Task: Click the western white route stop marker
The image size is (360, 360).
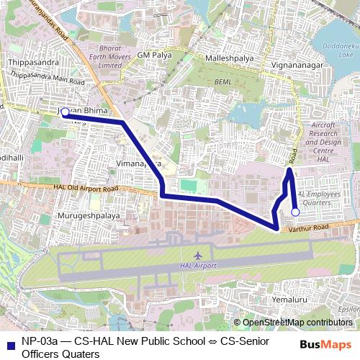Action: coord(65,112)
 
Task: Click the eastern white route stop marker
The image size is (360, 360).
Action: coord(295,212)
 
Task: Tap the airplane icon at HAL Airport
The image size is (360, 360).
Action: coord(199,256)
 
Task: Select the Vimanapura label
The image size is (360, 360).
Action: coord(137,164)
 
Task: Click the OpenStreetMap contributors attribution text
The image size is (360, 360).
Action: coord(296,323)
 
